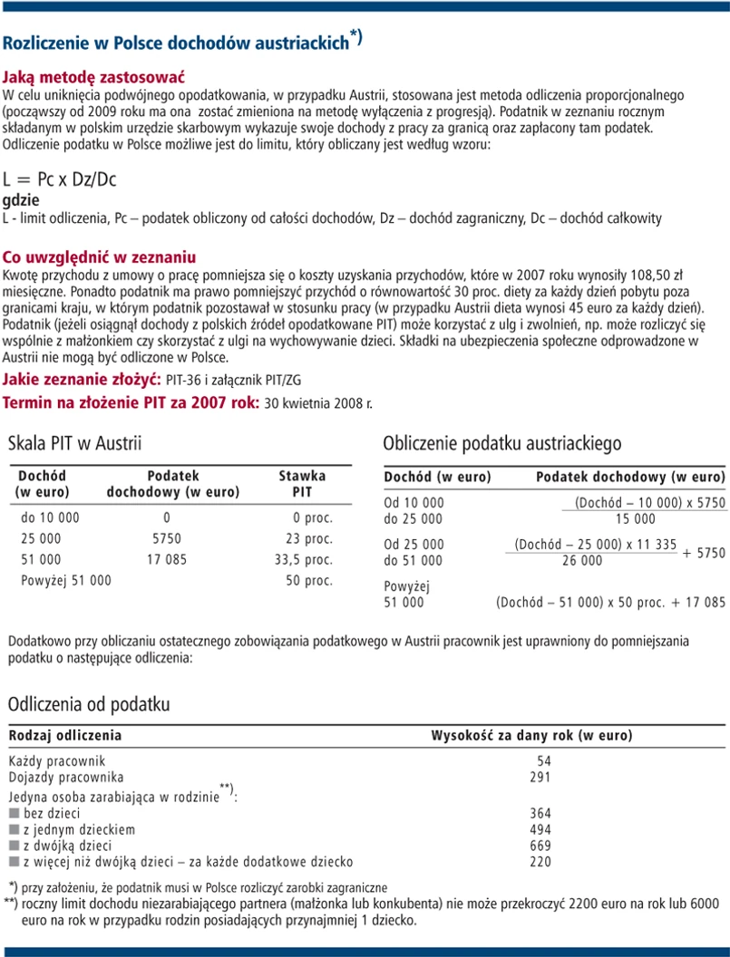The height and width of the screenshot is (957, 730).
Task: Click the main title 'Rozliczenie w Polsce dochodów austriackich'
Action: (177, 43)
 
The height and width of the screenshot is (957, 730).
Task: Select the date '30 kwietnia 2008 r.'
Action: (317, 402)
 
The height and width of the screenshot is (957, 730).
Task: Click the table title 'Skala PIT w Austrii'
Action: (74, 444)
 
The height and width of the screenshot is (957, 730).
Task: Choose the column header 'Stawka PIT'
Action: (302, 484)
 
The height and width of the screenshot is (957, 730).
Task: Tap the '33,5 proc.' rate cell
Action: (303, 559)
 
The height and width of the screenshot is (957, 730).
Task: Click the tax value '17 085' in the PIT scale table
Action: (167, 559)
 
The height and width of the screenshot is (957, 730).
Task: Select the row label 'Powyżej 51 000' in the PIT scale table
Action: (66, 580)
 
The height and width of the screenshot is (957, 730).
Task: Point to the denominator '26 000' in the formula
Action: (580, 561)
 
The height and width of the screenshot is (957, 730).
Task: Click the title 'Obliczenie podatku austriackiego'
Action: (501, 444)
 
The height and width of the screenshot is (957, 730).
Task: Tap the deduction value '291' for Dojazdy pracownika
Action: (540, 777)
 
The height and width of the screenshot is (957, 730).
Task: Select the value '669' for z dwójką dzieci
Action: (540, 845)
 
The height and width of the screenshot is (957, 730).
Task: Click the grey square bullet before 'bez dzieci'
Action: (14, 813)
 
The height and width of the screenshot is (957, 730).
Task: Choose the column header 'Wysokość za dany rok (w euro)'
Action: (530, 735)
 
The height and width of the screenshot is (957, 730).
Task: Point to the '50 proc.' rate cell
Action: (309, 580)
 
